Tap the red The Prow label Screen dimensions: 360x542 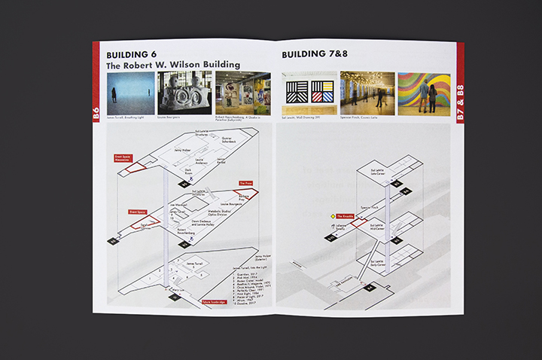tap(245, 183)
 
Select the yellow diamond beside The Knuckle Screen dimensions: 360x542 tap(331, 217)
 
